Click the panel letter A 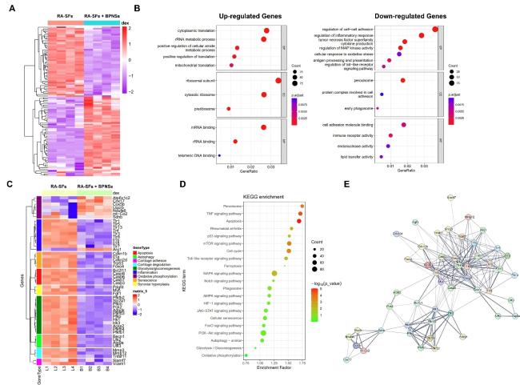click(7, 9)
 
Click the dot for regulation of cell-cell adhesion click(435, 30)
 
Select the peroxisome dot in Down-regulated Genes click(402, 80)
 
